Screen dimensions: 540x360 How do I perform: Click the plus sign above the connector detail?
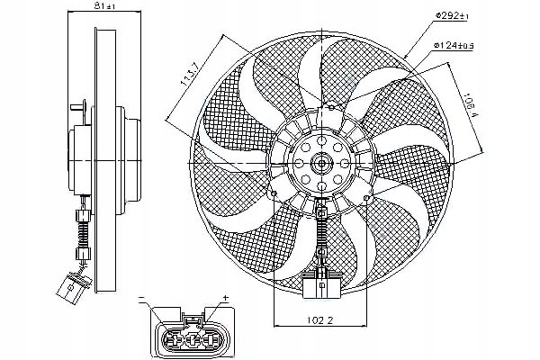coord(227,296)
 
